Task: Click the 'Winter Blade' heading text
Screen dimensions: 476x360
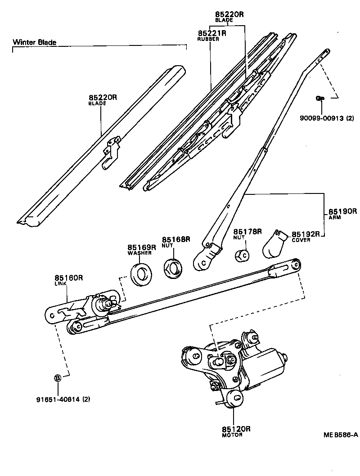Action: [35, 42]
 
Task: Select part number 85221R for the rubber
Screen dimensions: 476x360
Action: [211, 33]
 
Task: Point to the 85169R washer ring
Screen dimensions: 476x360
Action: [140, 274]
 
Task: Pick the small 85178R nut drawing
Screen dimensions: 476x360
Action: [243, 255]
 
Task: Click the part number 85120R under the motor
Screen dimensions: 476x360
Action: [235, 429]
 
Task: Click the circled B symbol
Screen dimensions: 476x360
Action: [58, 378]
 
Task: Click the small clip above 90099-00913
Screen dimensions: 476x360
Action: [320, 98]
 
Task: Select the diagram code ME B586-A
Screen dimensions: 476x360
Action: [340, 435]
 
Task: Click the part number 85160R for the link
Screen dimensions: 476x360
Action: [69, 278]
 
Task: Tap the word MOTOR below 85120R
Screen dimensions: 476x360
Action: [232, 436]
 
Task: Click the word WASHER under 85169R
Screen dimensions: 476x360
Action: [139, 253]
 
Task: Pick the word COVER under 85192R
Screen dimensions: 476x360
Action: [301, 240]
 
